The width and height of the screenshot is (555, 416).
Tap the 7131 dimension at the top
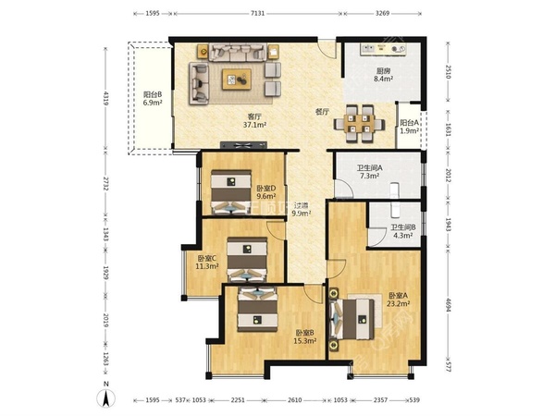[257, 14]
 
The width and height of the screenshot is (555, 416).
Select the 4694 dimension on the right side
[448, 304]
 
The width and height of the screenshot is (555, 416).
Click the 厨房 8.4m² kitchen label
[383, 75]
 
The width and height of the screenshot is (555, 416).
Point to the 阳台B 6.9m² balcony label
[153, 99]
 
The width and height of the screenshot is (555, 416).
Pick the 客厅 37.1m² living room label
[254, 120]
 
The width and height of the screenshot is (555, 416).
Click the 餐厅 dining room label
[322, 112]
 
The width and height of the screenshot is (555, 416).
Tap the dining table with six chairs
[359, 124]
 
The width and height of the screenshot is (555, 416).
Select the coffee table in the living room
[237, 80]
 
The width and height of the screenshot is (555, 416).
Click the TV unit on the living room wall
[243, 145]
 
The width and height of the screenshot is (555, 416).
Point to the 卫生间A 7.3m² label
[369, 172]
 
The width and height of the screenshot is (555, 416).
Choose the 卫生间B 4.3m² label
[403, 231]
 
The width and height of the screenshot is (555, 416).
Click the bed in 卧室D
[231, 192]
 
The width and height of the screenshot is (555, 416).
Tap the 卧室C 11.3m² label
[206, 263]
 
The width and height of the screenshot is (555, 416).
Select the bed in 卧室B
[257, 309]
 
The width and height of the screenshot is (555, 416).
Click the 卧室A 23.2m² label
[398, 300]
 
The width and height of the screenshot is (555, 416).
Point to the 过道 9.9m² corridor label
[302, 209]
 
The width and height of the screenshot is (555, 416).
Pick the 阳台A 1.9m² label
[410, 127]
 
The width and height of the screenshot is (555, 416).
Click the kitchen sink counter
[383, 48]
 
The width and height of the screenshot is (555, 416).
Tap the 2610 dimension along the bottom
[294, 400]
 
